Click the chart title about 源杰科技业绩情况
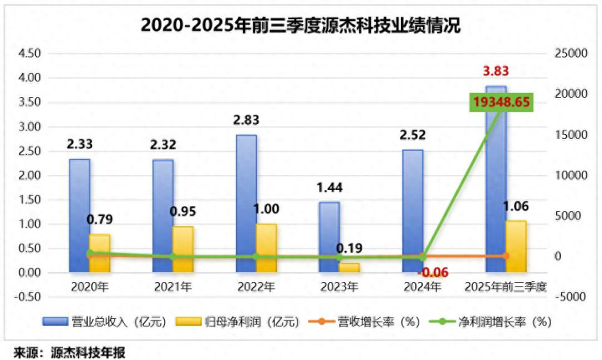point(301,24)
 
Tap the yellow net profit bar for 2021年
point(183,249)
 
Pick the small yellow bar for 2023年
point(349,267)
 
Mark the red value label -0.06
point(433,272)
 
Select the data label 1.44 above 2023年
point(328,188)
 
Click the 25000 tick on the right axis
point(572,53)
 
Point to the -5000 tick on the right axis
point(572,296)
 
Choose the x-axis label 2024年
point(422,287)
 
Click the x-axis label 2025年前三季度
point(506,287)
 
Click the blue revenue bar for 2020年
point(80,215)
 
